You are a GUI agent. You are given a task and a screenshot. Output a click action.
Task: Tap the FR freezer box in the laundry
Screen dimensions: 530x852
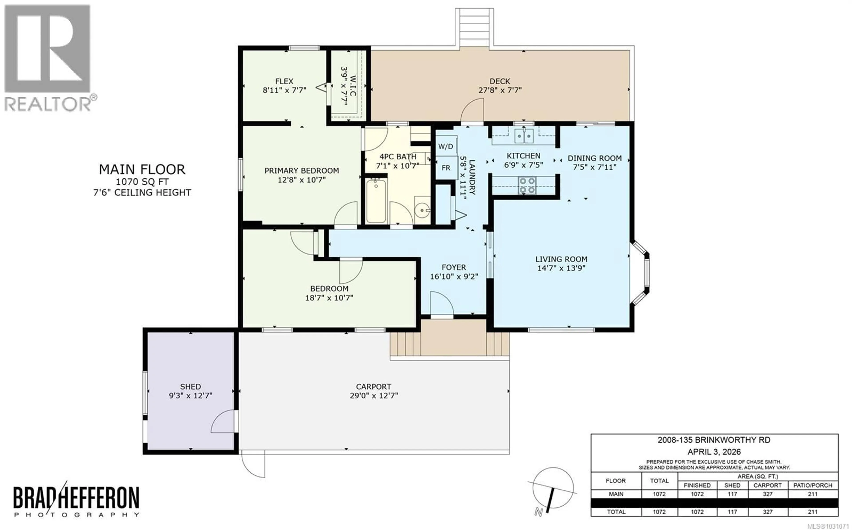pyautogui.click(x=446, y=168)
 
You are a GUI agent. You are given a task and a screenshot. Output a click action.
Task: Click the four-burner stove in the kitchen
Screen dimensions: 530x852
pyautogui.click(x=527, y=185)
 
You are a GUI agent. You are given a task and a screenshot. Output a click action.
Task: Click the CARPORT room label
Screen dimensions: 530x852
pyautogui.click(x=373, y=387)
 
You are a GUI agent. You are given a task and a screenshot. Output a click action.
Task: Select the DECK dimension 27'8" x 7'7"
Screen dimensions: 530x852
pyautogui.click(x=500, y=90)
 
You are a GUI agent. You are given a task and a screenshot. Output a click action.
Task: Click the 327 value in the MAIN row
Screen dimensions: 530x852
pyautogui.click(x=767, y=494)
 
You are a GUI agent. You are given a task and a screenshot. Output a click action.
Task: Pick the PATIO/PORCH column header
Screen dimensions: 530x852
pyautogui.click(x=812, y=485)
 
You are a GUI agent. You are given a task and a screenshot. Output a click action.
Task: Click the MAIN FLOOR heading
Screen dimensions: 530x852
pyautogui.click(x=142, y=170)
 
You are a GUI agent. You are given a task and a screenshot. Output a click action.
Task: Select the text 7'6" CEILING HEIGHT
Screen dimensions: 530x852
pyautogui.click(x=142, y=192)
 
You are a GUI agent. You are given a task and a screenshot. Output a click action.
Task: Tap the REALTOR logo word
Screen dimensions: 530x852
pyautogui.click(x=47, y=104)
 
